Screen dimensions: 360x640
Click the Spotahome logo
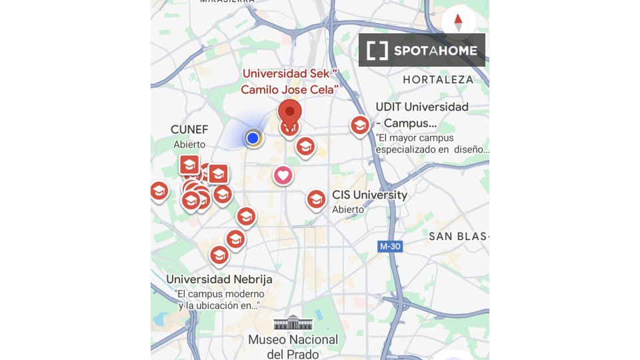pyautogui.click(x=422, y=50)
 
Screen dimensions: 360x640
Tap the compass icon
pyautogui.click(x=458, y=22)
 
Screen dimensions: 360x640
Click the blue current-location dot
pyautogui.click(x=253, y=137)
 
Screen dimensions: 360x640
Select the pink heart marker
pyautogui.click(x=283, y=176)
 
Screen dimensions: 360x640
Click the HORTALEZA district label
pyautogui.click(x=438, y=79)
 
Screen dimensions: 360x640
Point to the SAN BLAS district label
pyautogui.click(x=459, y=236)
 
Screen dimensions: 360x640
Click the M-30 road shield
pyautogui.click(x=390, y=246)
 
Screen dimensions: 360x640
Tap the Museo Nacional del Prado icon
pyautogui.click(x=293, y=323)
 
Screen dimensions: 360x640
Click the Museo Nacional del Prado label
pyautogui.click(x=293, y=347)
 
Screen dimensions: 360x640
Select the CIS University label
pyautogui.click(x=370, y=195)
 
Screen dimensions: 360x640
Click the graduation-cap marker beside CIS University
pyautogui.click(x=316, y=199)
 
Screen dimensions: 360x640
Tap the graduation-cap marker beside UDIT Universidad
pyautogui.click(x=360, y=125)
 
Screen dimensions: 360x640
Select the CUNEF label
pyautogui.click(x=189, y=129)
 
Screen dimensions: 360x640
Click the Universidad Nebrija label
pyautogui.click(x=219, y=279)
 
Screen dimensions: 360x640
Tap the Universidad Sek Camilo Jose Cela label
pyautogui.click(x=289, y=81)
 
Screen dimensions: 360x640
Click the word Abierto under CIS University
pyautogui.click(x=348, y=209)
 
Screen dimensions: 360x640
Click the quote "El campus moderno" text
pyautogui.click(x=220, y=294)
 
